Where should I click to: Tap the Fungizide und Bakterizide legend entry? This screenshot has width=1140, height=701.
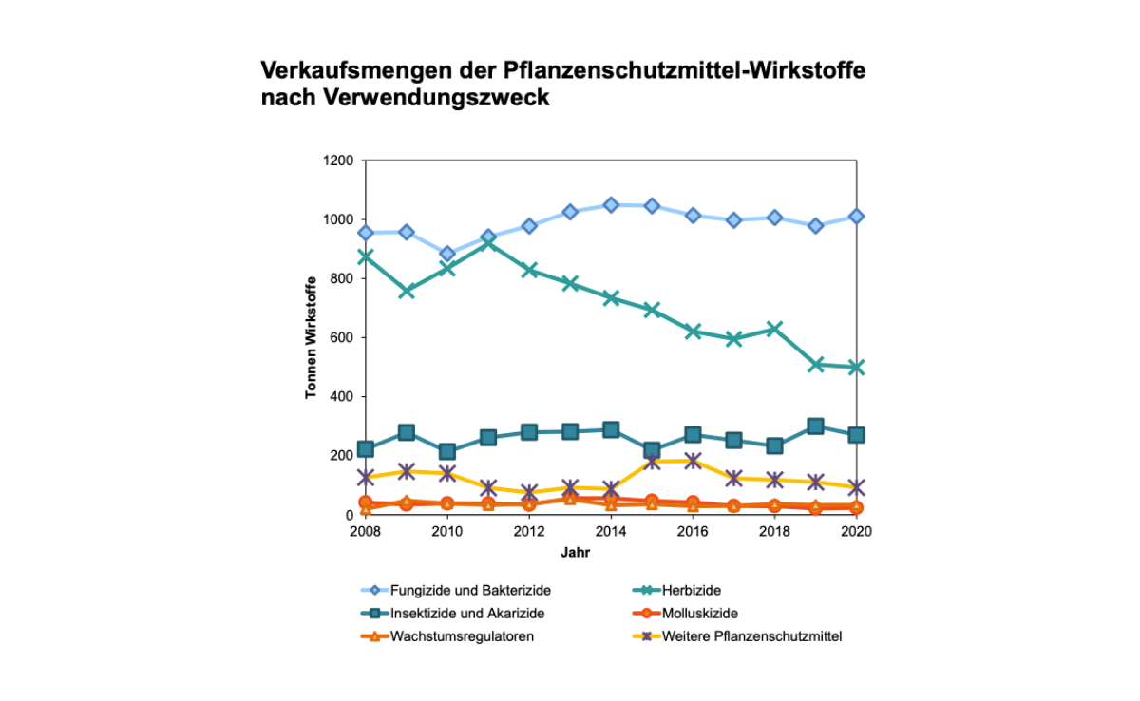[470, 591]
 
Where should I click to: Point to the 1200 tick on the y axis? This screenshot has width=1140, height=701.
[338, 161]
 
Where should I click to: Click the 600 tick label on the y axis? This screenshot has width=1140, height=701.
[342, 338]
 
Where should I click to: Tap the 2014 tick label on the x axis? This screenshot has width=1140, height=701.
[611, 531]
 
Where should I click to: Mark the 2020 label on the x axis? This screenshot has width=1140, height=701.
[857, 531]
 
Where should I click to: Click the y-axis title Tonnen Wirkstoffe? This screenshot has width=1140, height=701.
[311, 338]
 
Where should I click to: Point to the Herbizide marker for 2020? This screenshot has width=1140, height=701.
[857, 368]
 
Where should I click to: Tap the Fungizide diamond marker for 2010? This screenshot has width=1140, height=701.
[447, 255]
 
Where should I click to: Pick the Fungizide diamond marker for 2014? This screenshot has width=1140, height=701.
[611, 205]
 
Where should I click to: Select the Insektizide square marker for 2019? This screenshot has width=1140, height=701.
[815, 426]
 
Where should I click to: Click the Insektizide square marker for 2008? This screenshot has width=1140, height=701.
[366, 449]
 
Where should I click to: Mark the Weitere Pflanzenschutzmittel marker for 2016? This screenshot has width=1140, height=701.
[693, 461]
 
